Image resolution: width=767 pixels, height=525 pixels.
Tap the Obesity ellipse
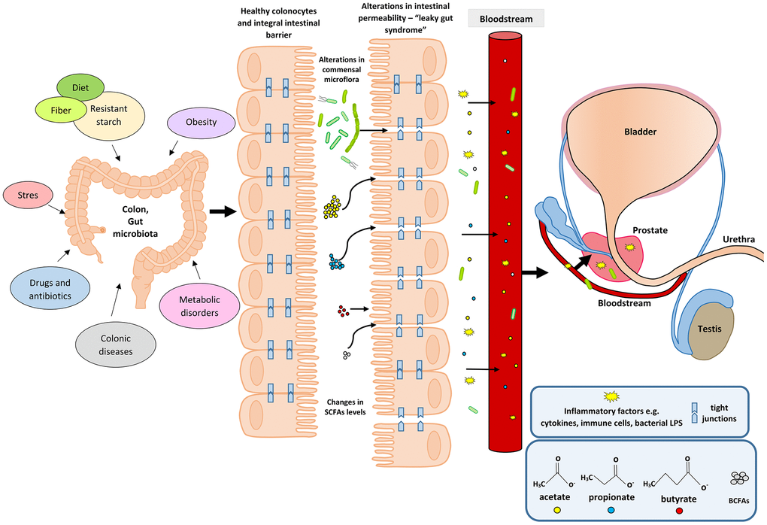pyautogui.click(x=200, y=123)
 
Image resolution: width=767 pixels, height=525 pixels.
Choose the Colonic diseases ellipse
pyautogui.click(x=117, y=343)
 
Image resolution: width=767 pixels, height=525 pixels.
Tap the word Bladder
pyautogui.click(x=640, y=132)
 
